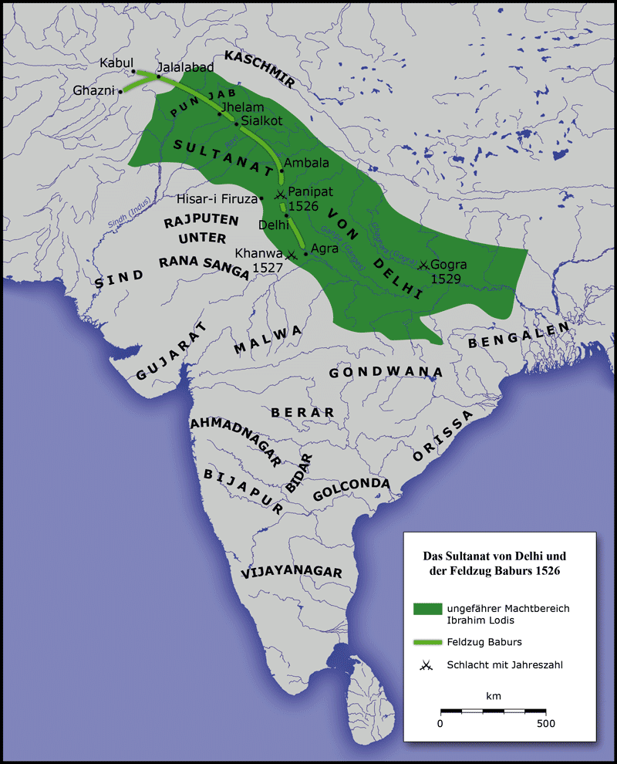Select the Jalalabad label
pos(185,67)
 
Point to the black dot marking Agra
pos(306,253)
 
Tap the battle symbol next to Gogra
pos(423,264)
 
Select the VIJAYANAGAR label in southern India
pos(291,572)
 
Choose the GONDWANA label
pos(386,372)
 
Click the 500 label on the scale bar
pos(546,724)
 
